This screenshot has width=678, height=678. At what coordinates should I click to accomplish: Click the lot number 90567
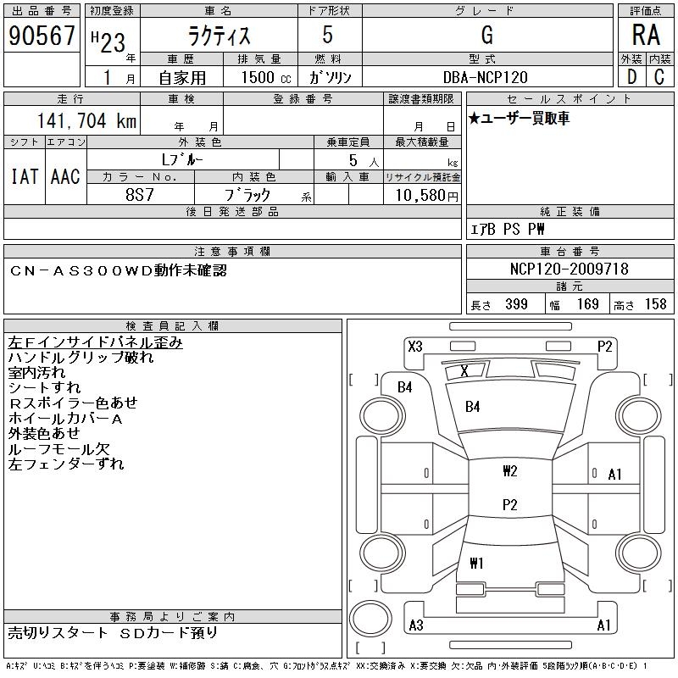point(42,36)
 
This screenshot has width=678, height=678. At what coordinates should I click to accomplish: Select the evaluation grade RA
point(645,36)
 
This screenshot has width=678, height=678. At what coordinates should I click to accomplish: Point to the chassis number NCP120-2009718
point(570,270)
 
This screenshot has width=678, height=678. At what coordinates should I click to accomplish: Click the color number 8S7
point(141,195)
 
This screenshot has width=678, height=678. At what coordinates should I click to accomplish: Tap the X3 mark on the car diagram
point(415,346)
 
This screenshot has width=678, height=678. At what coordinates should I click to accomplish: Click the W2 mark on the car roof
point(509,471)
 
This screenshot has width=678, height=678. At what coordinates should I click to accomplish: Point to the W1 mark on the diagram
point(475,563)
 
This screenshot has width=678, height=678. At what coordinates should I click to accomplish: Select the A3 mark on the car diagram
point(416,626)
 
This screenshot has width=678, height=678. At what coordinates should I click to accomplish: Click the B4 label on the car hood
point(473,407)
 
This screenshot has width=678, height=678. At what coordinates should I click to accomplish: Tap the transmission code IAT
point(24,176)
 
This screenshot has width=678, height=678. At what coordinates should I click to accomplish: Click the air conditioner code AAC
point(65,176)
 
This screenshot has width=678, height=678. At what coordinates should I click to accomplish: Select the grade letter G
point(486,36)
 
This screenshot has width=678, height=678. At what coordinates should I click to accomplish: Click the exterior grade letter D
point(631,77)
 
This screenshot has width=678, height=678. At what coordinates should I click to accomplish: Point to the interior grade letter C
point(659,77)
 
